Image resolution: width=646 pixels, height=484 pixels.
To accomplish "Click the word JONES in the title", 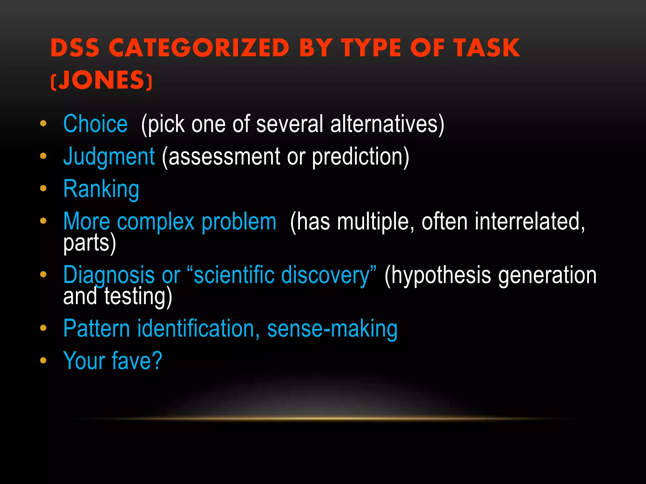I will click(101, 80).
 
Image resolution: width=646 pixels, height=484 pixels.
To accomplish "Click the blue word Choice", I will click(95, 124).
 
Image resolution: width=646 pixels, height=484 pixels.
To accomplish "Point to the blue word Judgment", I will click(109, 157).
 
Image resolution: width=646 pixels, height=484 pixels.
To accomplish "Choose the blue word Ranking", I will click(101, 189).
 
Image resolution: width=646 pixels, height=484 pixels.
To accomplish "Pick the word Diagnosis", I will click(109, 275).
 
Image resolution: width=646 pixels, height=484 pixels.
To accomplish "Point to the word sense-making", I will click(332, 329).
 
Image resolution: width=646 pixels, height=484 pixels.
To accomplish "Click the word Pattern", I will click(97, 329).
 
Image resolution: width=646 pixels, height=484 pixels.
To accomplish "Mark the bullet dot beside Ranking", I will click(43, 188).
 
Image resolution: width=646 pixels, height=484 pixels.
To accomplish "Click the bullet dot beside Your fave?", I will click(43, 360).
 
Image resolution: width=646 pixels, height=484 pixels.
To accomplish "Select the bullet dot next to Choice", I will click(43, 123).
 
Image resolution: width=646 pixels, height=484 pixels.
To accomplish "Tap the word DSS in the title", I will click(75, 48).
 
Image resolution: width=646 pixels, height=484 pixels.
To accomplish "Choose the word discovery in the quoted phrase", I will click(325, 275).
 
